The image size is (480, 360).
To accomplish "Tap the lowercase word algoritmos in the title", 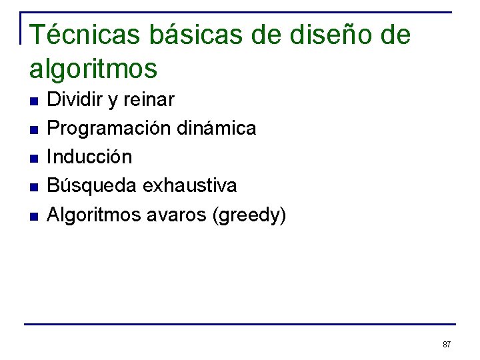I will click(x=93, y=68).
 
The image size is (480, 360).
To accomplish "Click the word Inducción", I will click(x=89, y=157).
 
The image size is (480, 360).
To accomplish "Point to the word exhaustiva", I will click(x=189, y=185).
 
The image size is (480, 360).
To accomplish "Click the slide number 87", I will click(x=447, y=345).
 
